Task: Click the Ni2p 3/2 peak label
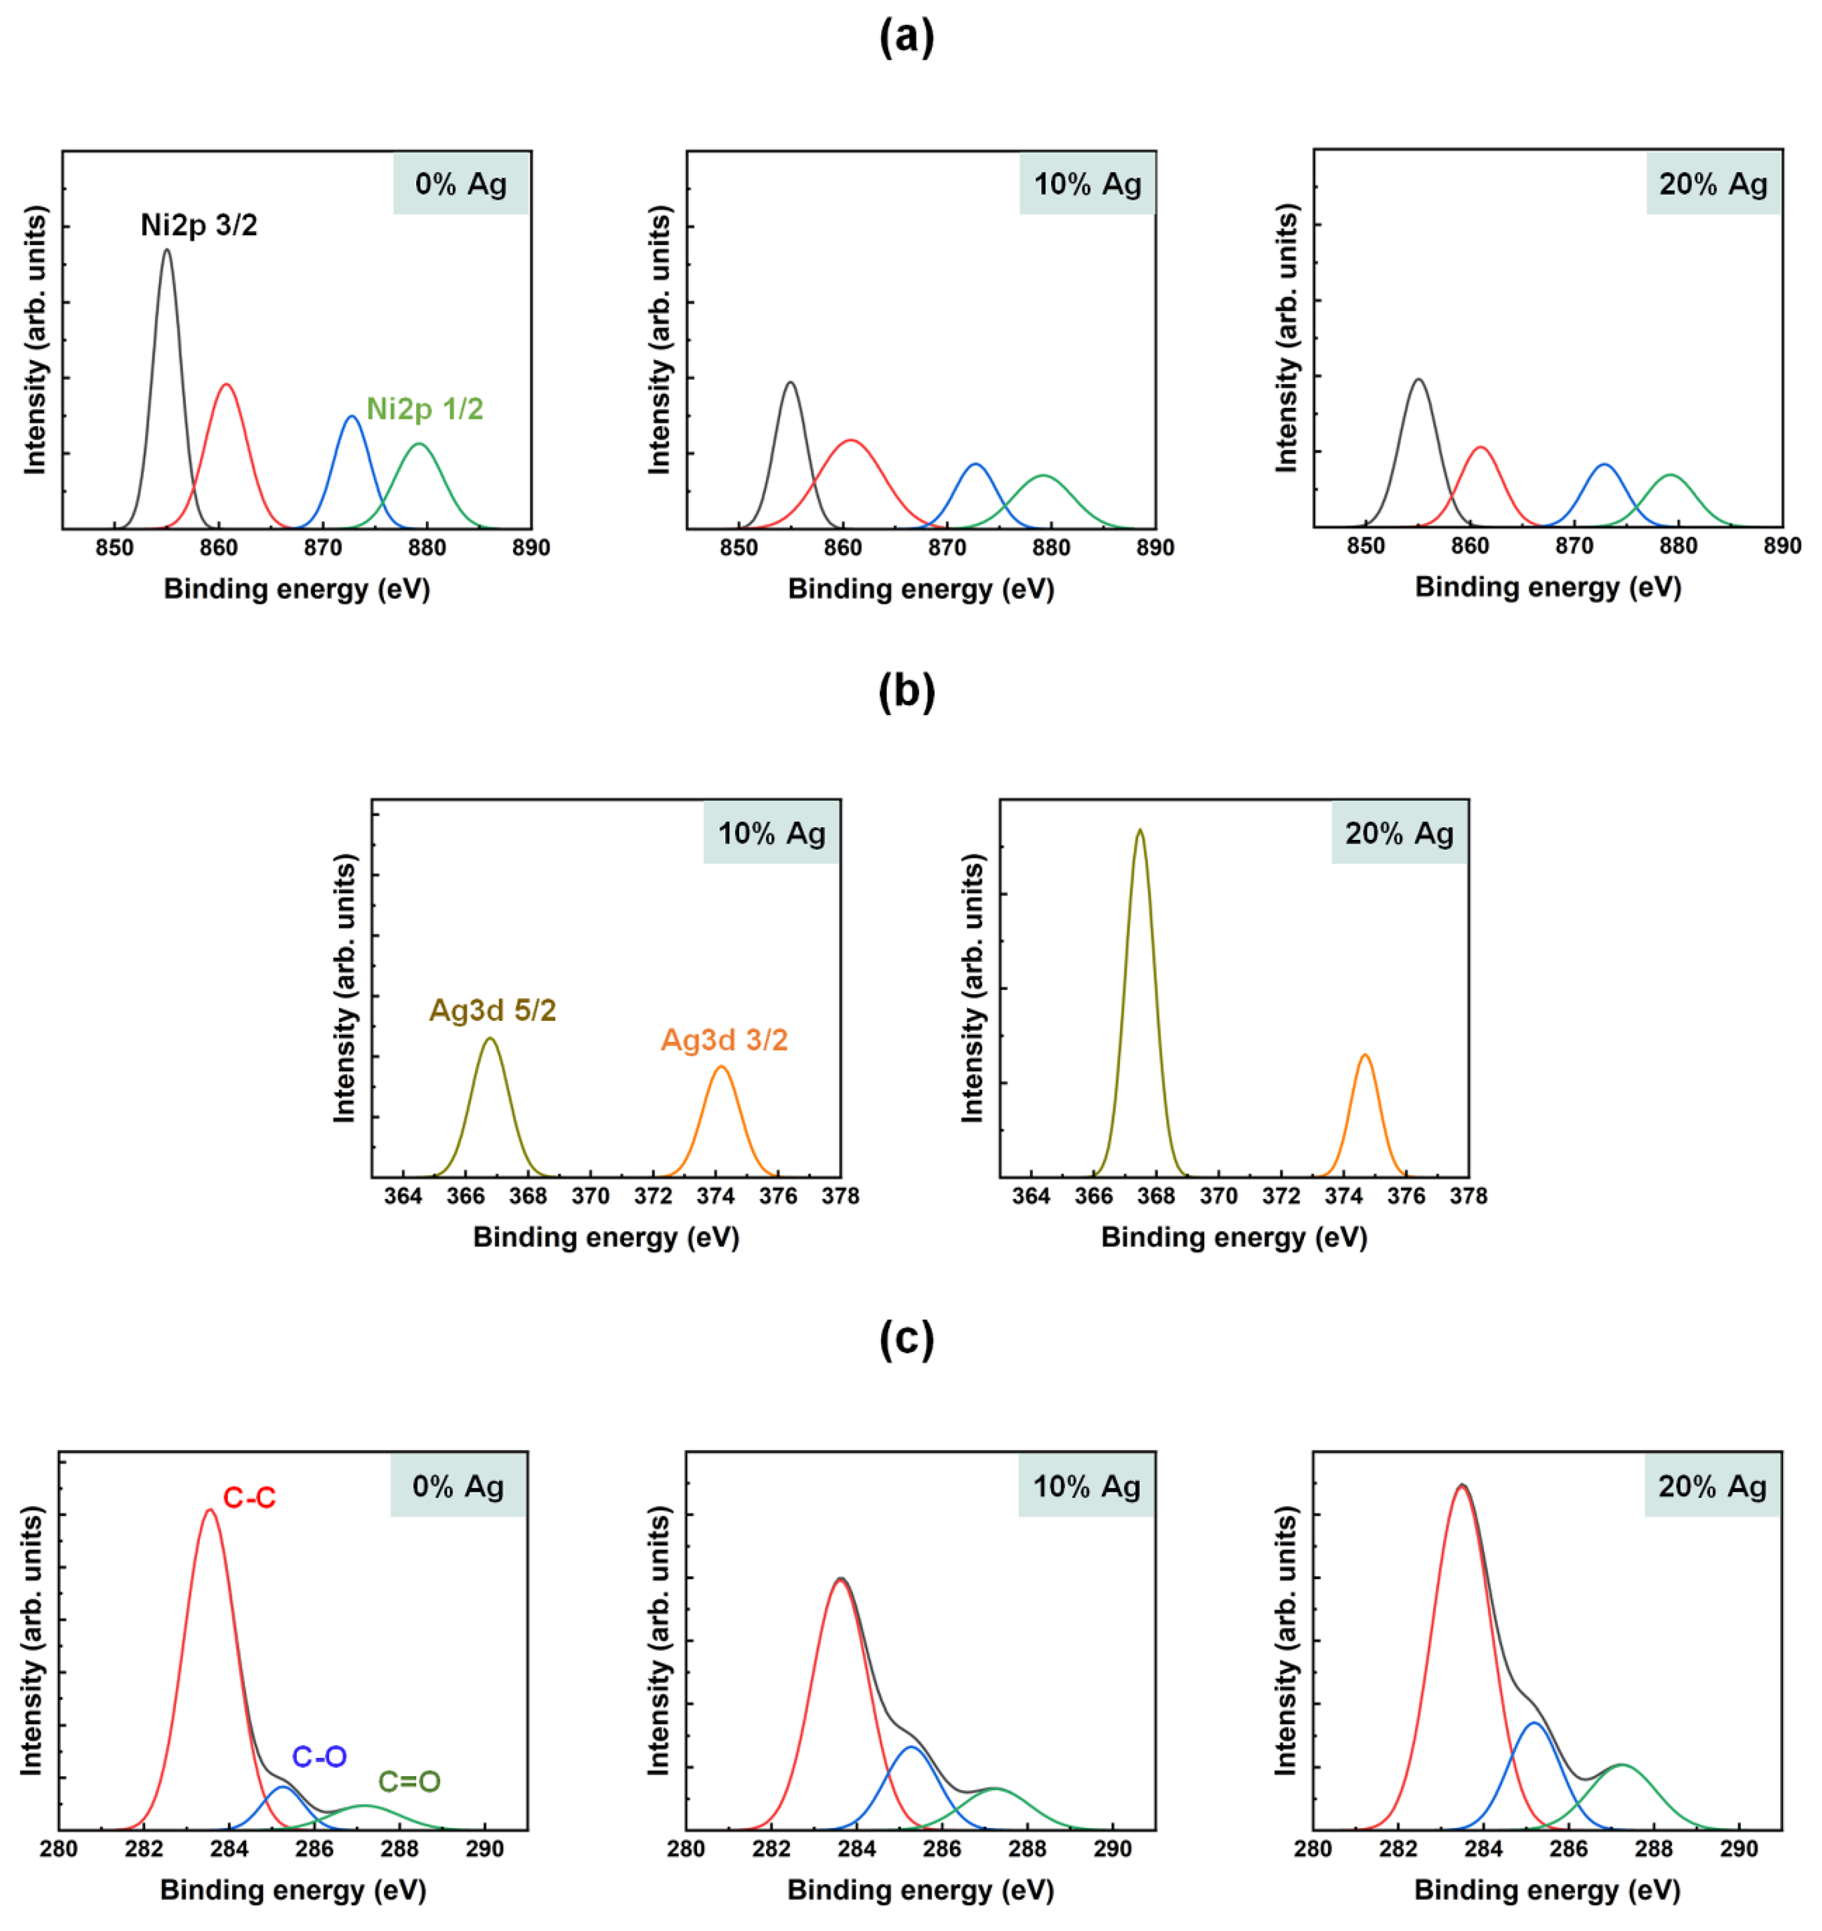tap(199, 226)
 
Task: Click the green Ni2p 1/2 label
tap(424, 409)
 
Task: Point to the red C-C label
tap(250, 1498)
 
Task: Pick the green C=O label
tap(409, 1782)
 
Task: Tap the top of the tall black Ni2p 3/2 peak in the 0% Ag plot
tap(167, 251)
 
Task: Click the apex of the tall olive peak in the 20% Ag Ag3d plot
tap(1140, 830)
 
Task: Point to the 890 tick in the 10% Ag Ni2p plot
tap(1155, 548)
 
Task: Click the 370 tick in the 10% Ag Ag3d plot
tap(590, 1197)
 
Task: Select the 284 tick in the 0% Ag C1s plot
tap(229, 1849)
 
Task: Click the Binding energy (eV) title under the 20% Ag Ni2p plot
tap(1548, 587)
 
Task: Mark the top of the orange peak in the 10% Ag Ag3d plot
tap(721, 1067)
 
